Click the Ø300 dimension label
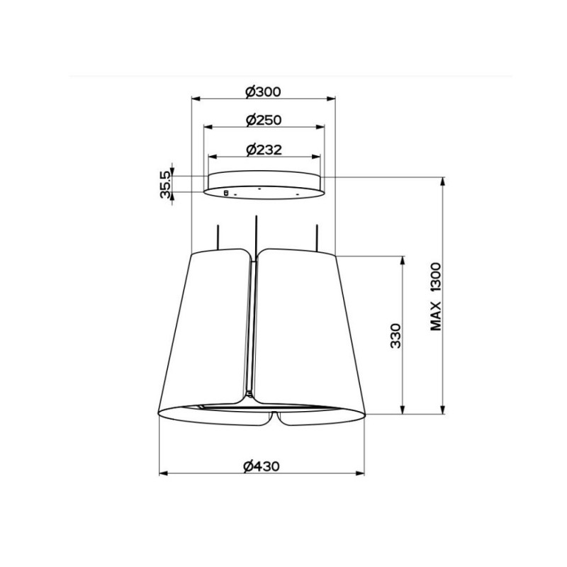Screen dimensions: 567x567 pyautogui.click(x=263, y=92)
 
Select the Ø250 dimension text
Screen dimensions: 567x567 pyautogui.click(x=264, y=120)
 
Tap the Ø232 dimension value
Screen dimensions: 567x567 pyautogui.click(x=264, y=150)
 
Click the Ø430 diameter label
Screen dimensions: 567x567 pyautogui.click(x=262, y=466)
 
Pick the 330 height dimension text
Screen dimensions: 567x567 pyautogui.click(x=396, y=336)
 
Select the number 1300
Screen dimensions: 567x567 pyautogui.click(x=436, y=277)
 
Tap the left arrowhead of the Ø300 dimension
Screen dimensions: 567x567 pyautogui.click(x=196, y=99)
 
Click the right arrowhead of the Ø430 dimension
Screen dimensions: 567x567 pyautogui.click(x=360, y=473)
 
